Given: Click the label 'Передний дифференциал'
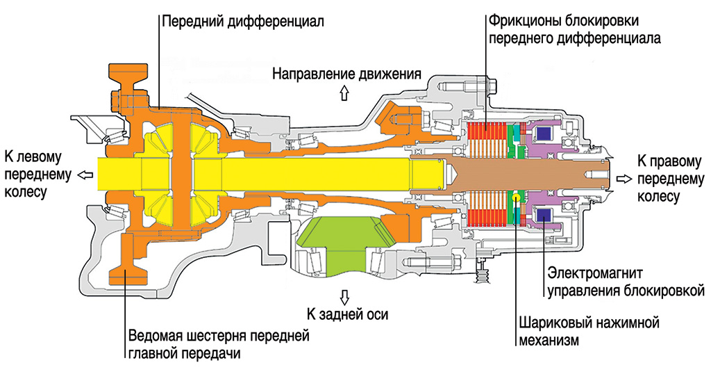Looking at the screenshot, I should point(242,22).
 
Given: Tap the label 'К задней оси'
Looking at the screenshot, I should point(347,314).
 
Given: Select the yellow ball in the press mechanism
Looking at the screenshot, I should point(517,198).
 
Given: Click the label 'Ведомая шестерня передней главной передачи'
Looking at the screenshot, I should point(218,345).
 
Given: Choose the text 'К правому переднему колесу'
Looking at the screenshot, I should point(671,179).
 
